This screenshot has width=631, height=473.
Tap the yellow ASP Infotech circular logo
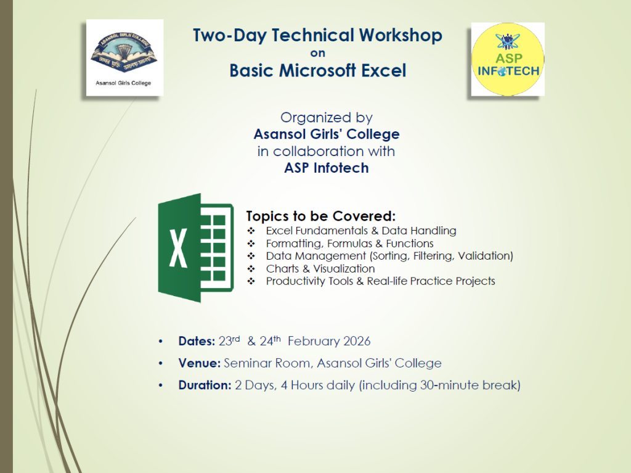click(x=508, y=59)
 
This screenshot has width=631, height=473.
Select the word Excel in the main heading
click(x=383, y=70)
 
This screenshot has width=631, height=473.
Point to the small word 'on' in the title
click(x=317, y=53)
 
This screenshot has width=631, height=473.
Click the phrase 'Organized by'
click(x=327, y=118)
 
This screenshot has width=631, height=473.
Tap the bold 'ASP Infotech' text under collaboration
click(x=327, y=168)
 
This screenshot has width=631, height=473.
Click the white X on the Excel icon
click(x=178, y=248)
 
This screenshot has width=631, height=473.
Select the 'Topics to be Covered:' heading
click(x=320, y=216)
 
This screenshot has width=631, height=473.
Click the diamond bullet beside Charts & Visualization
click(x=251, y=269)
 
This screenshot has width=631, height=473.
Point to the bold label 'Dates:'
click(x=197, y=341)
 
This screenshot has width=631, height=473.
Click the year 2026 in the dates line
click(x=357, y=341)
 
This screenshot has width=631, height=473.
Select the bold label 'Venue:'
click(x=199, y=363)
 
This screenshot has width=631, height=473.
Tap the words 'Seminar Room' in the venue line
click(x=267, y=363)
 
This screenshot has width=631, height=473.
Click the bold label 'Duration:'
click(x=205, y=385)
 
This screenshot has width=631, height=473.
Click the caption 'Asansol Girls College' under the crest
click(x=123, y=83)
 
